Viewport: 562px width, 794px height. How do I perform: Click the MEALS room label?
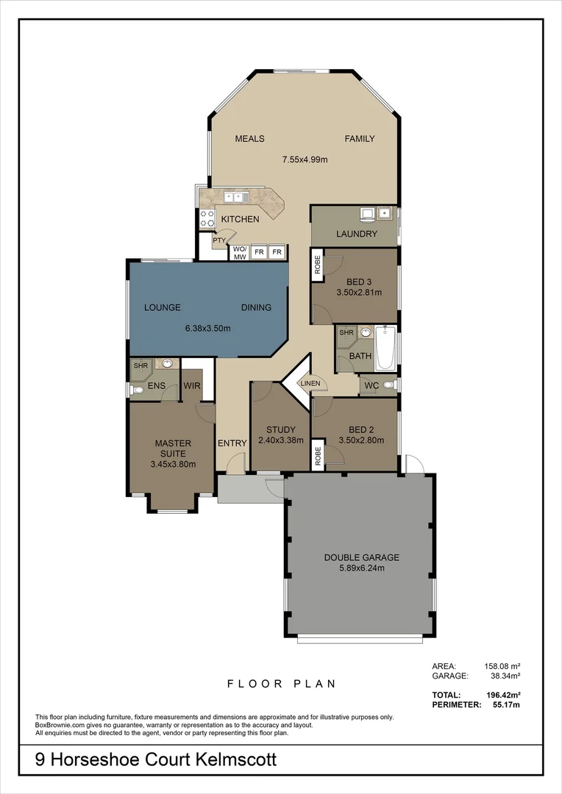pyautogui.click(x=249, y=139)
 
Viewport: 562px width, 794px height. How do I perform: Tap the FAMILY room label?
pyautogui.click(x=360, y=139)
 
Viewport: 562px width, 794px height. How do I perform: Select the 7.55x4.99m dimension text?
pyautogui.click(x=305, y=159)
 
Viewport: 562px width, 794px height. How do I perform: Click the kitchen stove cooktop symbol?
pyautogui.click(x=207, y=218)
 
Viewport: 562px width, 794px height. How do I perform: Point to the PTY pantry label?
pyautogui.click(x=218, y=240)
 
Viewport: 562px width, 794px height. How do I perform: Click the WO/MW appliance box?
pyautogui.click(x=239, y=253)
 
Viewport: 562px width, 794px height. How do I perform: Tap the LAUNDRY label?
pyautogui.click(x=357, y=235)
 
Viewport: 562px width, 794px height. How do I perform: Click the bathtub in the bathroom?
pyautogui.click(x=385, y=349)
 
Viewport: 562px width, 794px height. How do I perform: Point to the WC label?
pyautogui.click(x=371, y=385)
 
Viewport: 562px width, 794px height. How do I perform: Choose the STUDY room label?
pyautogui.click(x=281, y=430)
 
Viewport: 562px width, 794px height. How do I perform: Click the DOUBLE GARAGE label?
pyautogui.click(x=361, y=557)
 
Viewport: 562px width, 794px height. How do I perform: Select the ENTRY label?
pyautogui.click(x=232, y=443)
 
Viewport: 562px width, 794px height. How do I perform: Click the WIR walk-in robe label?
pyautogui.click(x=192, y=385)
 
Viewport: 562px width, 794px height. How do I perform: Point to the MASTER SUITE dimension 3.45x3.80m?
pyautogui.click(x=173, y=464)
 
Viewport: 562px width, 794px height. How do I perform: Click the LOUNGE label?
pyautogui.click(x=162, y=307)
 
